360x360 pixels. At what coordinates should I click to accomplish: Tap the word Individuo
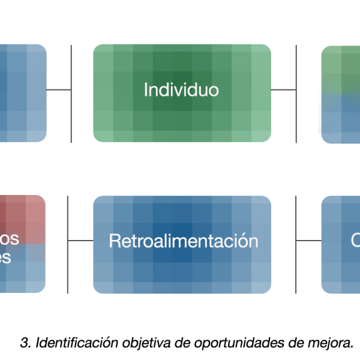pyautogui.click(x=181, y=91)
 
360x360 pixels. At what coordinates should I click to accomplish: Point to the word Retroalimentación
pyautogui.click(x=183, y=241)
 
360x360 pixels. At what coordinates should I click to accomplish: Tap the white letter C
pyautogui.click(x=355, y=241)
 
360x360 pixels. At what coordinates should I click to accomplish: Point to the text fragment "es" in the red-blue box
pyautogui.click(x=10, y=257)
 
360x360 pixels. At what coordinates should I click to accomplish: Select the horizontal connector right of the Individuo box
pyautogui.click(x=283, y=90)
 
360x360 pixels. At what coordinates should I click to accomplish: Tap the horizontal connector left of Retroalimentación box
pyautogui.click(x=80, y=241)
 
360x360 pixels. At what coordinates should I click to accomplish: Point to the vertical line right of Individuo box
pyautogui.click(x=296, y=120)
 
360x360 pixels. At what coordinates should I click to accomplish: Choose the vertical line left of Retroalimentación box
pyautogui.click(x=68, y=270)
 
